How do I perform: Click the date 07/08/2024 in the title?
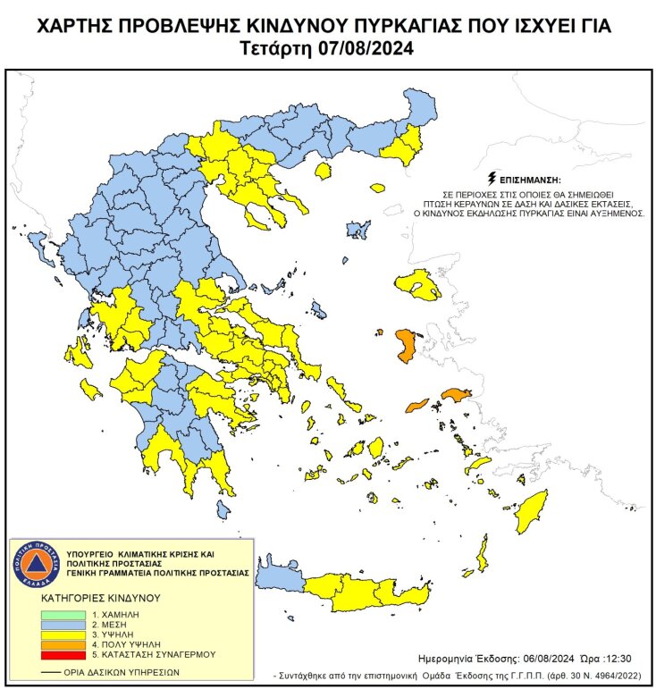tap(366, 48)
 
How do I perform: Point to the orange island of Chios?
tap(405, 345)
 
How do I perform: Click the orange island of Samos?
tap(456, 394)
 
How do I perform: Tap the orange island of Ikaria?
tap(418, 405)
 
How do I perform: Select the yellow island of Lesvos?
tap(420, 283)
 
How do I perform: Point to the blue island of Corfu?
tap(38, 241)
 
